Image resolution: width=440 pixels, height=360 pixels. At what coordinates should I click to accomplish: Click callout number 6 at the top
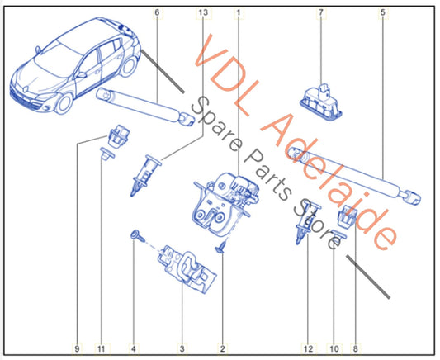pyautogui.click(x=157, y=12)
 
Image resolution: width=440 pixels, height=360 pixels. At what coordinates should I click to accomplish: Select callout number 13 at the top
pyautogui.click(x=203, y=12)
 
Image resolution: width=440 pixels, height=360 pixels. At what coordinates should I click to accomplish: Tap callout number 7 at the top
pyautogui.click(x=321, y=12)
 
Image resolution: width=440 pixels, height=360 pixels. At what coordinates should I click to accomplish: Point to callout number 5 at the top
pyautogui.click(x=383, y=12)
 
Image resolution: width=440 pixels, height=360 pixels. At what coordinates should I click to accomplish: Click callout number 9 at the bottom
pyautogui.click(x=77, y=349)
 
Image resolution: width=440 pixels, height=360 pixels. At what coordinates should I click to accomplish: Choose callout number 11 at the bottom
pyautogui.click(x=102, y=349)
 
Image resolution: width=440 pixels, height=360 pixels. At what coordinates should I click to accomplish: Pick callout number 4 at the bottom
pyautogui.click(x=134, y=349)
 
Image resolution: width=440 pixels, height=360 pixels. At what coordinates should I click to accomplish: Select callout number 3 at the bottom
pyautogui.click(x=182, y=349)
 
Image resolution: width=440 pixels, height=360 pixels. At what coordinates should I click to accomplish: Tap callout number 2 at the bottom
pyautogui.click(x=223, y=349)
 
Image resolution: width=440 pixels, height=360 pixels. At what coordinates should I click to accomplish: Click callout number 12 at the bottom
pyautogui.click(x=308, y=349)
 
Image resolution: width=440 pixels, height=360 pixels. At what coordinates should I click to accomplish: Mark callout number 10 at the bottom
pyautogui.click(x=334, y=349)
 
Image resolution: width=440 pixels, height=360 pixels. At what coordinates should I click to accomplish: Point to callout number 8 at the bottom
pyautogui.click(x=356, y=349)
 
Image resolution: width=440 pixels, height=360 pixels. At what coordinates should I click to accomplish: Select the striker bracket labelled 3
pyautogui.click(x=187, y=269)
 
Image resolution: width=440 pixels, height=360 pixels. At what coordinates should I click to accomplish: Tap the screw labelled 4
pyautogui.click(x=138, y=236)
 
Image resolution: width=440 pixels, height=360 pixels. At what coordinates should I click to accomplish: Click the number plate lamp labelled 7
pyautogui.click(x=321, y=102)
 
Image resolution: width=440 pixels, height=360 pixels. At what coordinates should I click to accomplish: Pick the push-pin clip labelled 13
pyautogui.click(x=144, y=174)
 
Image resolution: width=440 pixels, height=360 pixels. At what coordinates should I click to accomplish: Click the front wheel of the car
pyautogui.click(x=64, y=103)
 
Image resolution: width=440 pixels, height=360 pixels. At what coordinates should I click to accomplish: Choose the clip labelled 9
pyautogui.click(x=118, y=135)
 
